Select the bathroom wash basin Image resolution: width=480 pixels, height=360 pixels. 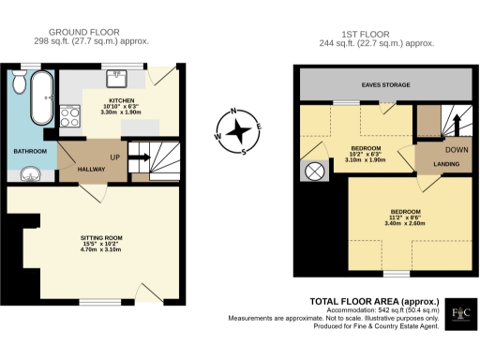click(x=31, y=174)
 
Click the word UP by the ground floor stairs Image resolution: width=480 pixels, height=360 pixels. click(x=114, y=156)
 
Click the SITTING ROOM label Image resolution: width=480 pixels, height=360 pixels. click(x=101, y=238)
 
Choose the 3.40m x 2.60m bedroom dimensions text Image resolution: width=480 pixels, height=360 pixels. click(x=403, y=223)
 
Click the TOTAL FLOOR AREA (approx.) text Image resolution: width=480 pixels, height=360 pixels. click(x=369, y=300)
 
